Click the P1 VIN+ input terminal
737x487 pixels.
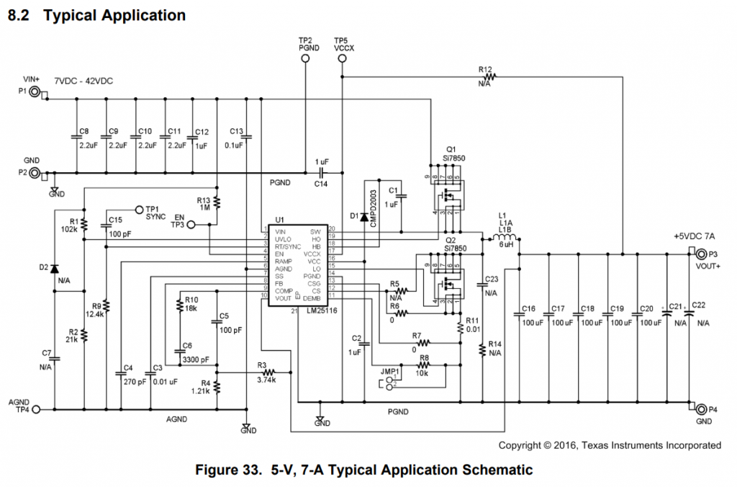tap(34, 91)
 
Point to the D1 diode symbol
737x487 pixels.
tap(364, 216)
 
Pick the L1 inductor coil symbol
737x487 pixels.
tap(506, 238)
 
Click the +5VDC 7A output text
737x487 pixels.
tap(695, 237)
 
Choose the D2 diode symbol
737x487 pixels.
tap(55, 269)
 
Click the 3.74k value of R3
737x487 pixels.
tap(266, 380)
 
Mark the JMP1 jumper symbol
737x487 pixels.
tap(391, 381)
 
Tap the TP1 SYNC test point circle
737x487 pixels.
tap(139, 208)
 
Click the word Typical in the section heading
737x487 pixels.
tap(71, 15)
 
